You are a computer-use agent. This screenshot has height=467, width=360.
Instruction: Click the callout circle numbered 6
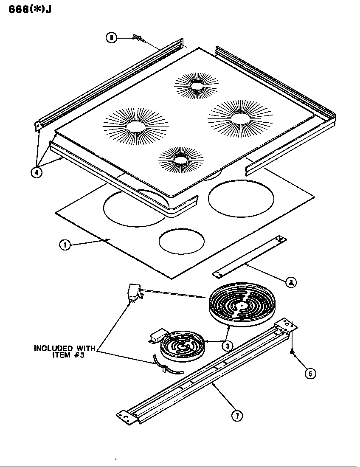click(111, 38)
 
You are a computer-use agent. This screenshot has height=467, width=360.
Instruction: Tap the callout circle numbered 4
click(37, 173)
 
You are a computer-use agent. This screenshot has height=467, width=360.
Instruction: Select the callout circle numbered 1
click(65, 245)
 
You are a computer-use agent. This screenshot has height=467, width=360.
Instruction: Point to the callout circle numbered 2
click(291, 282)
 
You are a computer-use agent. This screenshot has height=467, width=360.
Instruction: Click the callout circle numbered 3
click(228, 345)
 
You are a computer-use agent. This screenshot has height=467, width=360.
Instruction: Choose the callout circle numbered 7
click(237, 416)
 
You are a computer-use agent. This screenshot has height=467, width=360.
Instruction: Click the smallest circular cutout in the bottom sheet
click(182, 241)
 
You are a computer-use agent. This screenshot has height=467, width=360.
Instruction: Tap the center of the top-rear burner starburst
click(197, 86)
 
